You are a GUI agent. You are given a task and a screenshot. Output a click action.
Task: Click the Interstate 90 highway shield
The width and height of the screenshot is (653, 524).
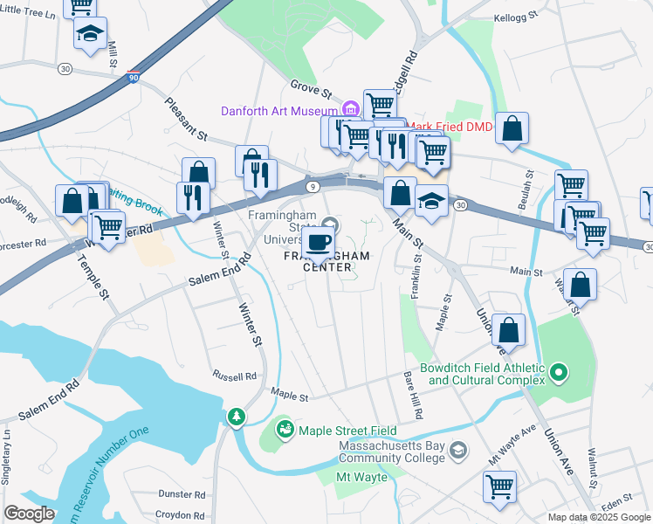click(132, 77)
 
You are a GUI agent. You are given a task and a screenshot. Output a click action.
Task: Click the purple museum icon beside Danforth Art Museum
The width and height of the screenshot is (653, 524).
click(350, 109)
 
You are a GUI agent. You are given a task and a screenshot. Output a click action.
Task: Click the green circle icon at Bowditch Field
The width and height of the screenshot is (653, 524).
click(559, 375)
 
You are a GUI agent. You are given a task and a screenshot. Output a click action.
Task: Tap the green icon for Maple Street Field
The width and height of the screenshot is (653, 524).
click(285, 430)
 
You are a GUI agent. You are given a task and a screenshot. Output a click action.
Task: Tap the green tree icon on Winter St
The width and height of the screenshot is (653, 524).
click(236, 418)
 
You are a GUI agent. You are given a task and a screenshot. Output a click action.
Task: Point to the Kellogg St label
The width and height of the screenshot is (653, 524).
click(515, 17)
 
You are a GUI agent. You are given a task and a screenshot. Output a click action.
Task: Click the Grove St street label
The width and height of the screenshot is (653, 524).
click(312, 90)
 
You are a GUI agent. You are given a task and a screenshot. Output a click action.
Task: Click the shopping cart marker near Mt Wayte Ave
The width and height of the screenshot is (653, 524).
click(500, 486)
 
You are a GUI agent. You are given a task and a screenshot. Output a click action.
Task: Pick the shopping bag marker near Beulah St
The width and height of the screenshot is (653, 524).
click(512, 129)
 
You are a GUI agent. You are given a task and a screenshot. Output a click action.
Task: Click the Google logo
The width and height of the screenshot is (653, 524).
click(30, 513)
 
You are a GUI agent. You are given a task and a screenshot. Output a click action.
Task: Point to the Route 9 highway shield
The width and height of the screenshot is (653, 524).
click(313, 185)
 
